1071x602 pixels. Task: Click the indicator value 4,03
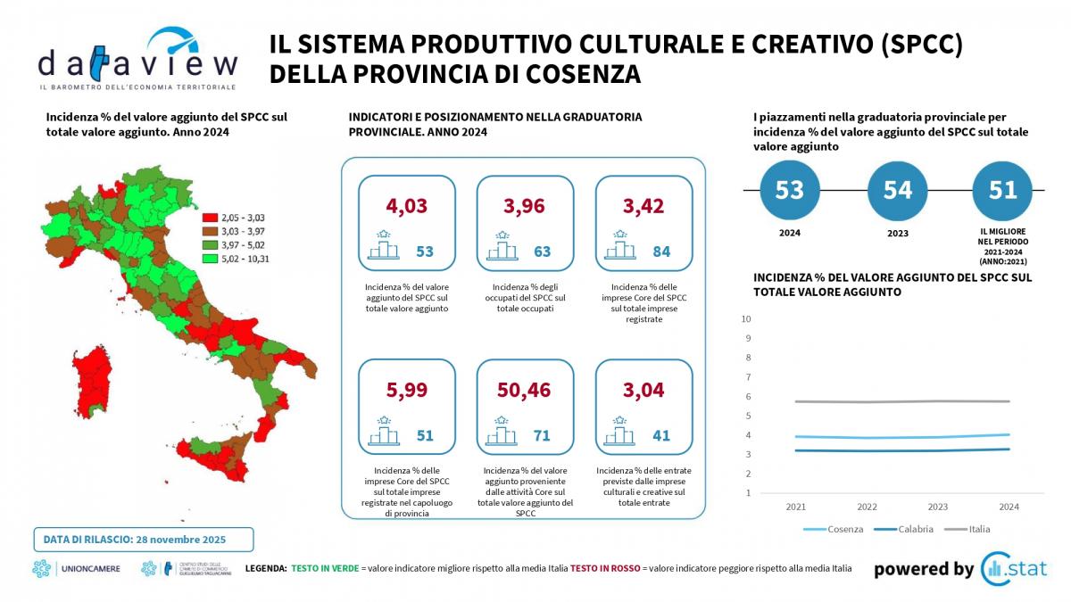tap(407, 206)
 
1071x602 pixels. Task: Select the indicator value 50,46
tap(525, 390)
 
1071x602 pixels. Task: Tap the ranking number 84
tap(661, 252)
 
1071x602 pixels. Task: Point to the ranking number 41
tap(661, 435)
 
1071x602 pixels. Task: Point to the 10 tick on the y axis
tap(746, 318)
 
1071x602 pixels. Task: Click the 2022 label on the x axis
tap(867, 507)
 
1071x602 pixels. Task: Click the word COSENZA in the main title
tap(572, 74)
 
